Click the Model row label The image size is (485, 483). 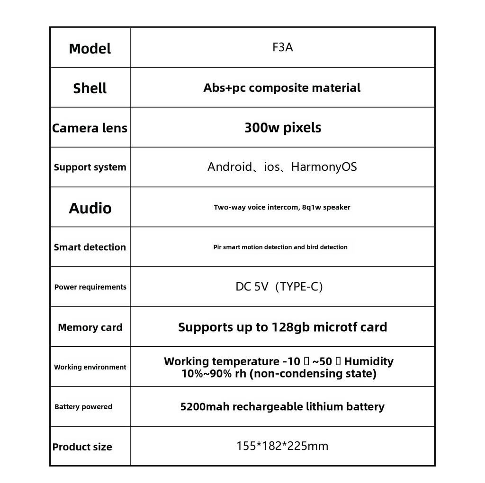(x=90, y=49)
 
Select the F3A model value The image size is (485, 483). (x=283, y=48)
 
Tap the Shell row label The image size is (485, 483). (x=90, y=88)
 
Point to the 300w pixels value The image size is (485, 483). (x=283, y=128)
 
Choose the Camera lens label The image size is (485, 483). (x=90, y=128)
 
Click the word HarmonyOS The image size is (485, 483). (x=324, y=167)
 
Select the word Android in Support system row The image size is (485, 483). (x=229, y=167)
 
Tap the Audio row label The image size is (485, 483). (x=90, y=208)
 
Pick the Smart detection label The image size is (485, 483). (x=90, y=247)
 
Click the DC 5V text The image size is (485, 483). (x=252, y=287)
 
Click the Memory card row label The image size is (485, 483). (x=90, y=327)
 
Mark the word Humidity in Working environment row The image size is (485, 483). (x=368, y=361)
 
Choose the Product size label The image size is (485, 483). (x=82, y=447)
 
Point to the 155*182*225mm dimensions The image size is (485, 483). (x=282, y=446)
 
